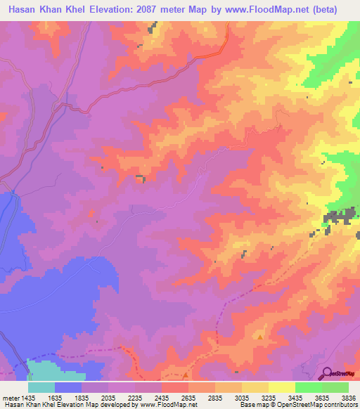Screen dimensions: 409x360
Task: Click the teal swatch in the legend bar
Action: coord(41,387)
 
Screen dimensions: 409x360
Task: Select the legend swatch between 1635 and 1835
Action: coord(68,387)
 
